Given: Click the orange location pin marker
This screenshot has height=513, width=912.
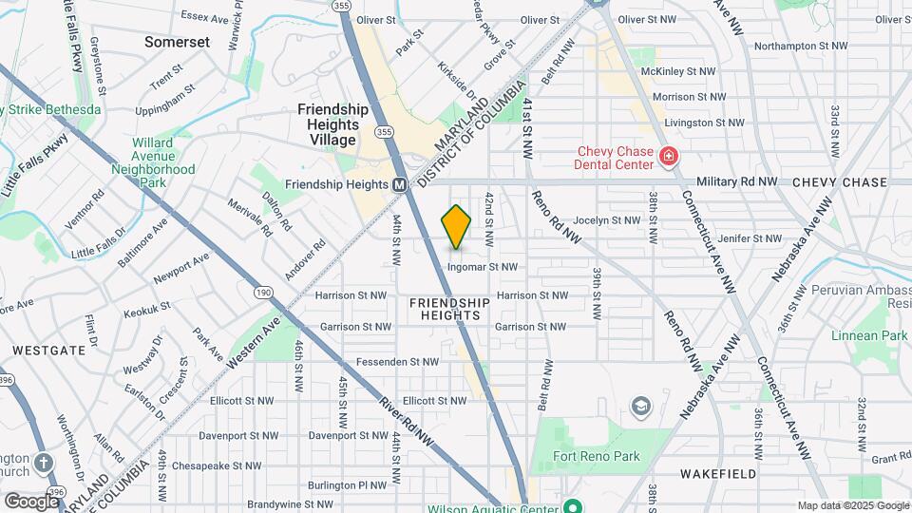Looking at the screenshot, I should click(x=457, y=226).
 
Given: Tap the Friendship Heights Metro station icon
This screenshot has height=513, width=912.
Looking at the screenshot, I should click(x=400, y=184).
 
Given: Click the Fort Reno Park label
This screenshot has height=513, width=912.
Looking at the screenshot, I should click(x=597, y=456).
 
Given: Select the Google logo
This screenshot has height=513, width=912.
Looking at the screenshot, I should click(x=31, y=501).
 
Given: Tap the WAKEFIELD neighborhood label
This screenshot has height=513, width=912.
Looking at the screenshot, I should click(x=717, y=473).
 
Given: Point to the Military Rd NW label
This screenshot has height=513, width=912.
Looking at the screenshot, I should click(x=737, y=181).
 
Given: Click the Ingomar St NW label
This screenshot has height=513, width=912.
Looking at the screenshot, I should click(x=483, y=267).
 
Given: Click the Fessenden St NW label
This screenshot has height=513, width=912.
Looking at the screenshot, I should click(x=397, y=362).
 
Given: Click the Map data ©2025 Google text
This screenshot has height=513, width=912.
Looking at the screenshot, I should click(x=851, y=505).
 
